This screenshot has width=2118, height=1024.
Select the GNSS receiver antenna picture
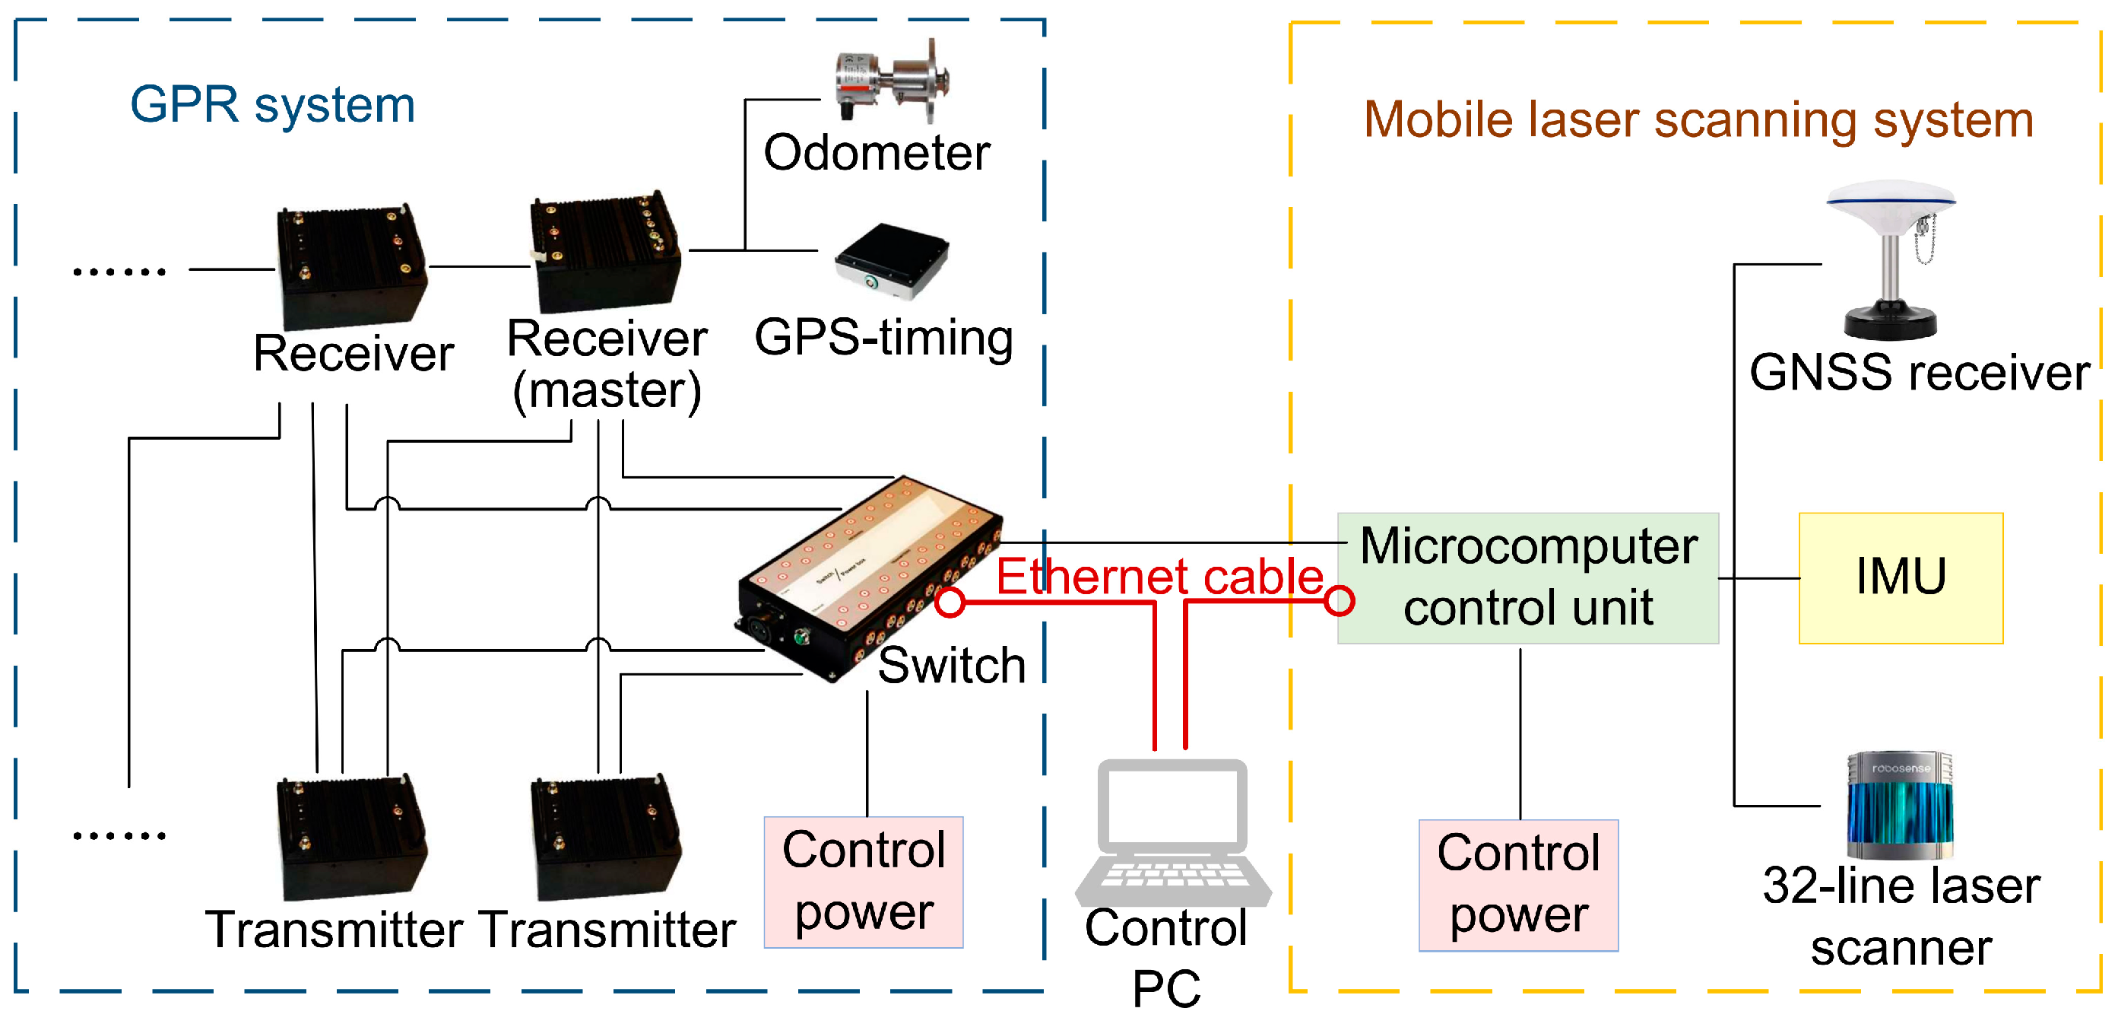pos(1891,259)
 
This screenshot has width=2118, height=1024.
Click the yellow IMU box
pos(1900,577)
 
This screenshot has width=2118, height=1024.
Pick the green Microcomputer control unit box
pos(1527,577)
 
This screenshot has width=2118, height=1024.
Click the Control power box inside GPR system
pos(864,882)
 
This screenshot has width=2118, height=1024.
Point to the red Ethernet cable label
pos(1159,576)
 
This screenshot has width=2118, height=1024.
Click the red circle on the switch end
pos(950,602)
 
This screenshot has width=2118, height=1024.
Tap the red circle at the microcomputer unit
pos(1340,600)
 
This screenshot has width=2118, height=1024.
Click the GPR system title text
pos(272,105)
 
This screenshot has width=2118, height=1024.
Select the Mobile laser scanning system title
pos(1698,120)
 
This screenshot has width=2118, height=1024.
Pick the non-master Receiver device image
pos(351,265)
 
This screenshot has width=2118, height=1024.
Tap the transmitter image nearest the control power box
pos(605,837)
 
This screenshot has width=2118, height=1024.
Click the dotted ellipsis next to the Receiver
pos(119,272)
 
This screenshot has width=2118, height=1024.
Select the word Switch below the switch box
pos(951,665)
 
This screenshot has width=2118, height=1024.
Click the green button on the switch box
pos(800,637)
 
